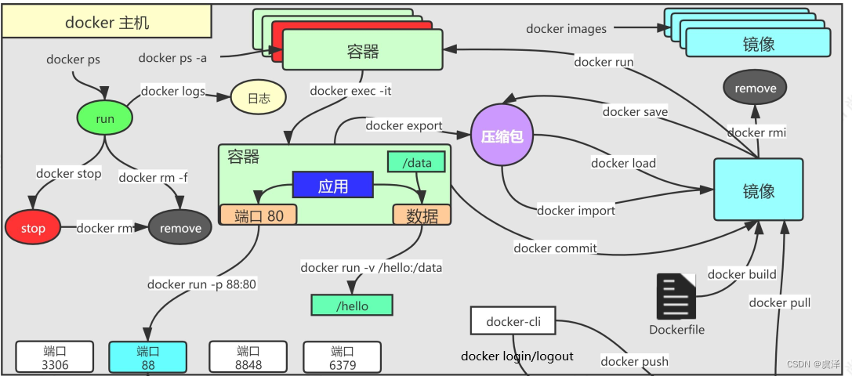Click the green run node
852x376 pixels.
[104, 118]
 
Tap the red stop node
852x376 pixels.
[33, 228]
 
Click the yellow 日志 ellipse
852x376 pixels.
[258, 99]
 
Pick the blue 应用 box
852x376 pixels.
[332, 186]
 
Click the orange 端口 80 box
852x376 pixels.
[259, 215]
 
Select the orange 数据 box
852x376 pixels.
[422, 215]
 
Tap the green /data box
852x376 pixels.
[416, 162]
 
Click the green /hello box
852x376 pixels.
[351, 305]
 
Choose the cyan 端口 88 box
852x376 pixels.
[148, 357]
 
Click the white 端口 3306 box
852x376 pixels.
[55, 357]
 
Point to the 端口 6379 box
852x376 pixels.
[342, 357]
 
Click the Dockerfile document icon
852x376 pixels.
[676, 296]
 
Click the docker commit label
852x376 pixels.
[555, 248]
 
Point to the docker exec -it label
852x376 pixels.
[350, 91]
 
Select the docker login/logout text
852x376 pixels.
[517, 356]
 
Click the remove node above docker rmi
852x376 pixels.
[756, 89]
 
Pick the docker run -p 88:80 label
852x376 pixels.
[201, 284]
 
